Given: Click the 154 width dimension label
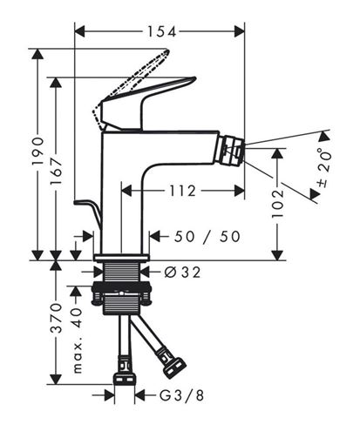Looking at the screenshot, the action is tap(162, 31).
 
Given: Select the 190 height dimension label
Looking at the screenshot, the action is tap(38, 152).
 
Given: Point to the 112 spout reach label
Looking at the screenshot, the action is tap(182, 191).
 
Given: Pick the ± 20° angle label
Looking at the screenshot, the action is tap(324, 167).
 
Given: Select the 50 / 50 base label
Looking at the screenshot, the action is tap(207, 237).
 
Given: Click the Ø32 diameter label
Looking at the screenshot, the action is tap(182, 273).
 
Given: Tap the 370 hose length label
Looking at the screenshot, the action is tap(57, 318).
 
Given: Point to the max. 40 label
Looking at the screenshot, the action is tap(78, 340).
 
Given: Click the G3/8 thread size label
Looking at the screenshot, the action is tap(181, 395).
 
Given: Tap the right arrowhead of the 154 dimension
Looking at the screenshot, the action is tap(240, 31).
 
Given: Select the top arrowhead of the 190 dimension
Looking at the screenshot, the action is tap(37, 54).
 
